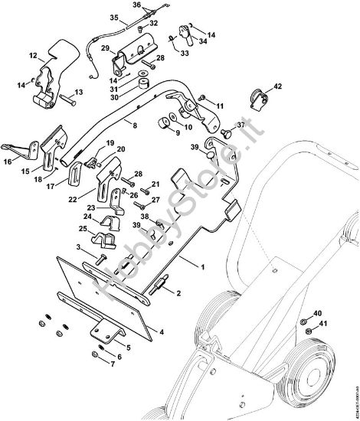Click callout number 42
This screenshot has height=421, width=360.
coord(277,87)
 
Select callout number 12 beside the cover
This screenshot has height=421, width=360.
coord(33,55)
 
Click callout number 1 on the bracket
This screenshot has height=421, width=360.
coord(202,266)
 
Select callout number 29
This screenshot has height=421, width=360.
coord(104,48)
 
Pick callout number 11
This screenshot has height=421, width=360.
coord(219,105)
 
